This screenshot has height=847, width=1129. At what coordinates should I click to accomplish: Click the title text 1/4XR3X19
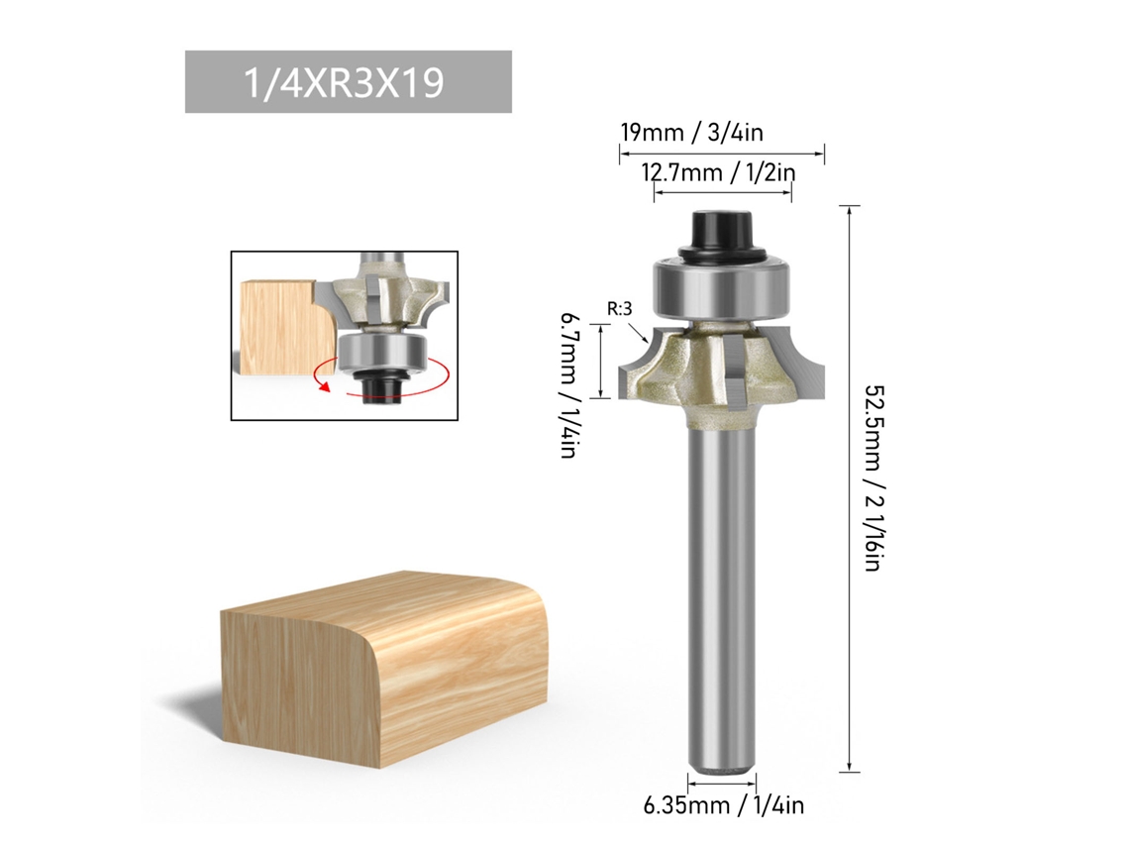pos(345,82)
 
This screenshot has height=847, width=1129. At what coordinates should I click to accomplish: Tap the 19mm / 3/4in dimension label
pos(692,133)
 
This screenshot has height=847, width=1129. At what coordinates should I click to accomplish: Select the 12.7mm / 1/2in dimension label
pos(719,172)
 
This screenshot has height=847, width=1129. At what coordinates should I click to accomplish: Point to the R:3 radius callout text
pos(619,309)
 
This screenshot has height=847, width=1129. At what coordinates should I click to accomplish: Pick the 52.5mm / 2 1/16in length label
pos(872,478)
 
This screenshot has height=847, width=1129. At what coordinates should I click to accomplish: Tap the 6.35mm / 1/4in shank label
pos(724,804)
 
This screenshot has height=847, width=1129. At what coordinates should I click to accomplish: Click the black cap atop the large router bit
pos(721,232)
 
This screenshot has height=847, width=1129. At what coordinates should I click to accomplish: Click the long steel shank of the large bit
pos(721,597)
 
